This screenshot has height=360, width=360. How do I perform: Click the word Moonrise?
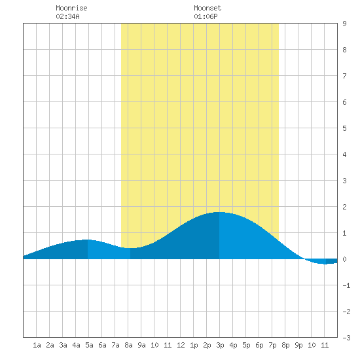click(71, 8)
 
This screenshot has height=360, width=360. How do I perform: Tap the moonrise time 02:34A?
click(67, 16)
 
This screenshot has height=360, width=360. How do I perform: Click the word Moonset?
click(207, 8)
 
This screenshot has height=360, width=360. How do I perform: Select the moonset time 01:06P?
click(206, 16)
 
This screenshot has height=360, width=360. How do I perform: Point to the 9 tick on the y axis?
click(344, 24)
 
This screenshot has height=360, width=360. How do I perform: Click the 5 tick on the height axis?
click(344, 128)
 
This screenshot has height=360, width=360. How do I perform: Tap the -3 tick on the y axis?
click(346, 338)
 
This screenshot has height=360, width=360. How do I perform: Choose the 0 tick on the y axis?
click(344, 259)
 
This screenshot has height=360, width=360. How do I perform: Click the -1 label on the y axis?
click(346, 285)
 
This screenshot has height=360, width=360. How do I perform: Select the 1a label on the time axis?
click(37, 345)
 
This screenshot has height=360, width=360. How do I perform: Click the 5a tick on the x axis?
click(89, 345)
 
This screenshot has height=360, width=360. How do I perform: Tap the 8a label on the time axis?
click(128, 345)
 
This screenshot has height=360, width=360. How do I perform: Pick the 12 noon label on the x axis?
click(181, 345)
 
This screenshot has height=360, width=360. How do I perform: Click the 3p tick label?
click(220, 345)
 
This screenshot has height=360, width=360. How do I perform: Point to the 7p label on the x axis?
click(272, 345)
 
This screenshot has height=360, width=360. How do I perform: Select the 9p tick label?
click(298, 345)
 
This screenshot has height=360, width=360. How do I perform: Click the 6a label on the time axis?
click(102, 345)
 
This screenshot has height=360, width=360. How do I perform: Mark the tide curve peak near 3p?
click(219, 212)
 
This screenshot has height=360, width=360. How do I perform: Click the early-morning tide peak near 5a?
click(88, 240)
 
